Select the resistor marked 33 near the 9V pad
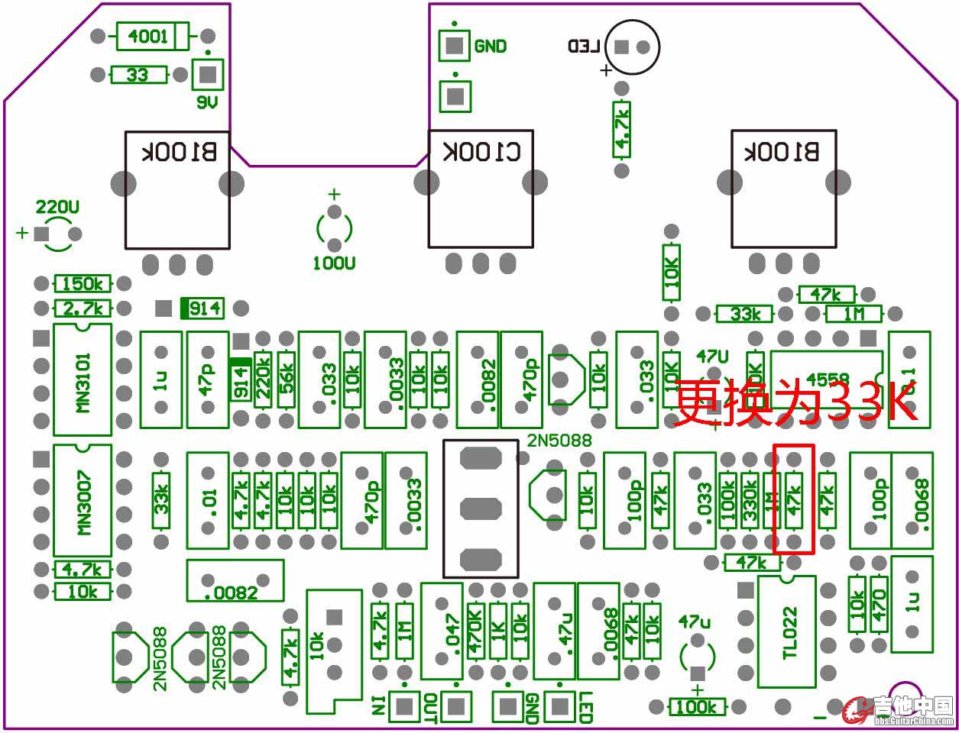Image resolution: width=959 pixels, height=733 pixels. [138, 75]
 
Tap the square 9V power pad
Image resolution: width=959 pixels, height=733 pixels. [207, 75]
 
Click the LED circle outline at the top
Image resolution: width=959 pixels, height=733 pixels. [631, 47]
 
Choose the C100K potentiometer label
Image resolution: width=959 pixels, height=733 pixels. [481, 151]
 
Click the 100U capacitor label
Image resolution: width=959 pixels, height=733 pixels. [334, 264]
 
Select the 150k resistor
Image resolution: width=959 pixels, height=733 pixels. [83, 284]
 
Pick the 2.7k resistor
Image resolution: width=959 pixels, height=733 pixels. [83, 308]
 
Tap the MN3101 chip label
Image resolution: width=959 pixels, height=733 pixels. [83, 382]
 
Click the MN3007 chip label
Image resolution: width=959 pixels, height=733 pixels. [83, 502]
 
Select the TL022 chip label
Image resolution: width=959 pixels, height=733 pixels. [789, 632]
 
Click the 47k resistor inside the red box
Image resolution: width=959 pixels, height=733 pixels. [794, 500]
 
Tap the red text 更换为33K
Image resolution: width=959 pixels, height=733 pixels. [795, 402]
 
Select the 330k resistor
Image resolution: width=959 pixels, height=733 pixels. [750, 500]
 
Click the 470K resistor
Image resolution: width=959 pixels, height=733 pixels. [476, 631]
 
